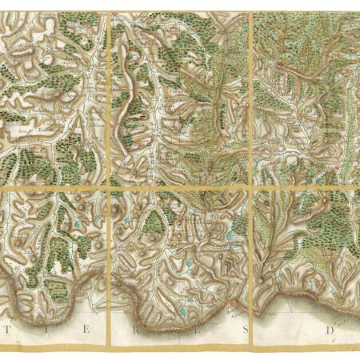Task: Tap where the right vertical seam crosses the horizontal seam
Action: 251,187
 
